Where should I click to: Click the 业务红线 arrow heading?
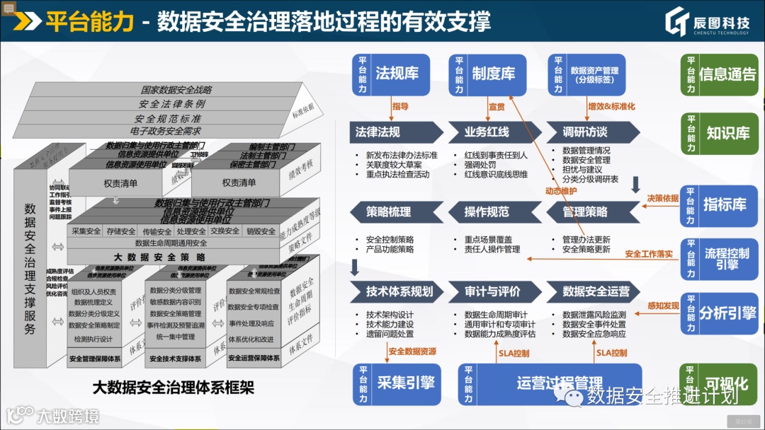[x=488, y=132]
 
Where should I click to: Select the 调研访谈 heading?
[x=586, y=132]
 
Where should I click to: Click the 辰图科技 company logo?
[x=708, y=23]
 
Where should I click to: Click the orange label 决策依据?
[x=662, y=198]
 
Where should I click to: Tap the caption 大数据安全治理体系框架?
[x=173, y=388]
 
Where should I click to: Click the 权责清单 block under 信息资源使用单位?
[x=120, y=182]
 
